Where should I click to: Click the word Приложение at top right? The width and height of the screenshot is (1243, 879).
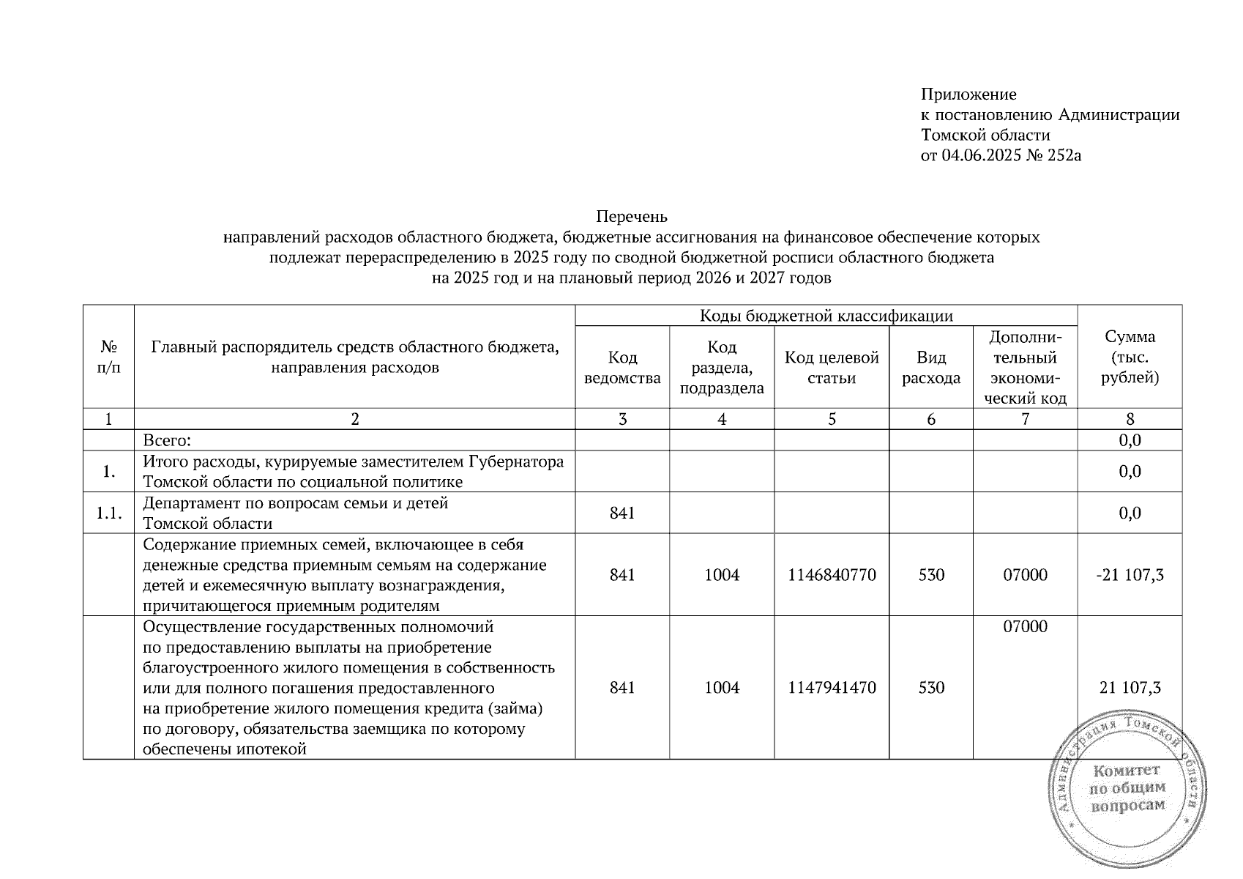tap(968, 94)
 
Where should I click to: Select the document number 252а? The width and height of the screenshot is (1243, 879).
tap(1064, 155)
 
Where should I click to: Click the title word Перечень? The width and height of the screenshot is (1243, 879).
tap(632, 217)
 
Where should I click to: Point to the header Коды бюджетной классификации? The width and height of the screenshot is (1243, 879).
tap(826, 316)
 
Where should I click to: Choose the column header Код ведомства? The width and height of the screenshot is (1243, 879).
tap(622, 368)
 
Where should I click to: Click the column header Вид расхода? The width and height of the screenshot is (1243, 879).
tap(930, 368)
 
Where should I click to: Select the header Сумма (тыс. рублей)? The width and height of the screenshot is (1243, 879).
tap(1130, 357)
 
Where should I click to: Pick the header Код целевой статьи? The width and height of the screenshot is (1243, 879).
tap(832, 368)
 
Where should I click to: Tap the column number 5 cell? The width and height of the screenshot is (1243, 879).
tap(832, 419)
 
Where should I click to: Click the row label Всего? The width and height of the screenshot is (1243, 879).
tap(167, 440)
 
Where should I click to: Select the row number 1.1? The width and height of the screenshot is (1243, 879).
tap(108, 513)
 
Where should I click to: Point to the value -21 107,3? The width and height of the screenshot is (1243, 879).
tap(1130, 575)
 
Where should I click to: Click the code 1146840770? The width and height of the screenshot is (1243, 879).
tap(832, 575)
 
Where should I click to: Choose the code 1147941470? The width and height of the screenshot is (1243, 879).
tap(832, 688)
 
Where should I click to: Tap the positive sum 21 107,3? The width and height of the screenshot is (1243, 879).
tap(1130, 688)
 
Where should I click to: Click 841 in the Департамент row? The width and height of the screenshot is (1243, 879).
tap(622, 513)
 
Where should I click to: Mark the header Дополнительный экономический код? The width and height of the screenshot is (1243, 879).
tap(1025, 368)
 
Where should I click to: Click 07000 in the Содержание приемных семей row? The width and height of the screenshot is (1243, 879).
tap(1025, 575)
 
